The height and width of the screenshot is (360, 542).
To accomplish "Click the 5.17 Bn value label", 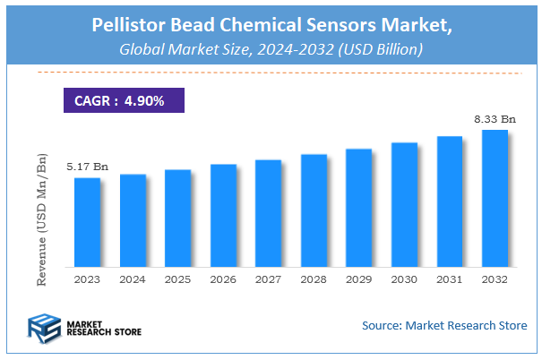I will pyautogui.click(x=87, y=167).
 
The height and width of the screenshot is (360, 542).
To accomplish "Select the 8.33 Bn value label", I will pyautogui.click(x=495, y=119).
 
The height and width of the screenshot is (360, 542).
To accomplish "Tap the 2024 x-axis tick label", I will pyautogui.click(x=133, y=279).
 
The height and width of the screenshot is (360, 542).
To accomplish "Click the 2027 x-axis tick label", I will pyautogui.click(x=269, y=279).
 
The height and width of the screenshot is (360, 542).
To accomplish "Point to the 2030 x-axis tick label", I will pyautogui.click(x=405, y=279).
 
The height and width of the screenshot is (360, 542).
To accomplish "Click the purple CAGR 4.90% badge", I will pyautogui.click(x=124, y=101).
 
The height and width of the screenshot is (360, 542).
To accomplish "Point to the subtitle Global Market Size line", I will pyautogui.click(x=271, y=50).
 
